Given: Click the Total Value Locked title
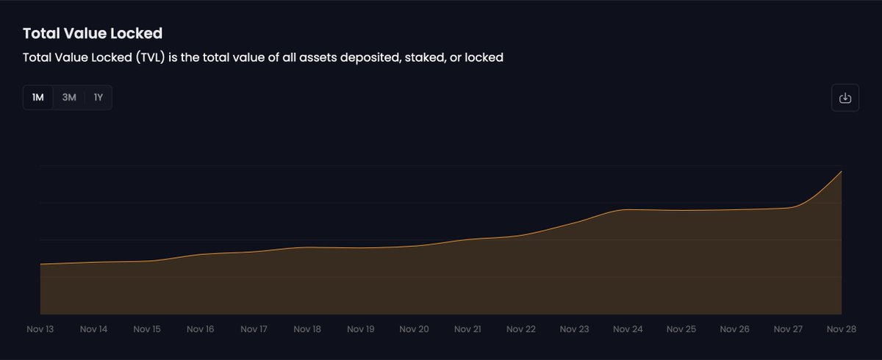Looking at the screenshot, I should point(93,34).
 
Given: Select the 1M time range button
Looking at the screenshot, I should point(38,98).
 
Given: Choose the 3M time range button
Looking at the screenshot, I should point(69,98).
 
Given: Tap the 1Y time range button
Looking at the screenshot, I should point(98,98).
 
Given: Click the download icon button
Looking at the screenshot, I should point(845,98).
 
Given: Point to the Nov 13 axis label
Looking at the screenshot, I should point(40,329).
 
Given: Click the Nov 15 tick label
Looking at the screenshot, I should point(147,329).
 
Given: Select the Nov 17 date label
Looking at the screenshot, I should point(254,329).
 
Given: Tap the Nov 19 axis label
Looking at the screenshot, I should point(360,329).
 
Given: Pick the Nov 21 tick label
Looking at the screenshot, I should point(467,329).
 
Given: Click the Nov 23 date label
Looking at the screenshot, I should point(574,329).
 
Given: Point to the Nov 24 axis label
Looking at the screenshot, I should point(628,329).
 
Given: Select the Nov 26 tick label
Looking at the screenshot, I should point(734,329).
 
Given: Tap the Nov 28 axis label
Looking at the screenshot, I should point(841,329).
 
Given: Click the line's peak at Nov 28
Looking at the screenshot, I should point(841,171).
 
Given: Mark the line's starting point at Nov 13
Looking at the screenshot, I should point(40,264).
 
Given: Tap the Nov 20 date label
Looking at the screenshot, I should point(414,329).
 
